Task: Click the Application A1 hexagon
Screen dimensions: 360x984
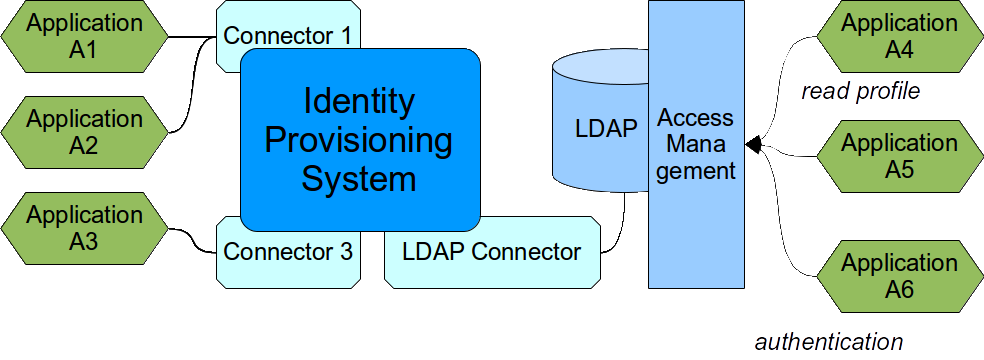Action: coord(84,36)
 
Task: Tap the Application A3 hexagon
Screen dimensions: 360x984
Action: coord(84,228)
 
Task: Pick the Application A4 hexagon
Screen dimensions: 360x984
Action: coord(899,36)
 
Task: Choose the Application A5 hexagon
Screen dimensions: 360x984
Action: coord(899,156)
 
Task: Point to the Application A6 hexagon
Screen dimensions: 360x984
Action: coord(899,276)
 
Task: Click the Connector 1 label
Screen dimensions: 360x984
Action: coord(287,35)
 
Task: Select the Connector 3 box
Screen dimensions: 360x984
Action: coord(288,253)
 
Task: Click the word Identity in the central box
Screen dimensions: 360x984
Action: coord(358,101)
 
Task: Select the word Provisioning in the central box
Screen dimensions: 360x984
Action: coord(358,140)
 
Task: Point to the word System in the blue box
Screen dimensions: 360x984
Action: coord(358,180)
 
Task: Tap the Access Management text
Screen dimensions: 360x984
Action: coord(696,144)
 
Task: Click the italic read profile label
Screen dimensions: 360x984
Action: coord(860,92)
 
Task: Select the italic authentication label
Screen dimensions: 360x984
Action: coord(828,341)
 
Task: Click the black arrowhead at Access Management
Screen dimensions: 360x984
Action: coord(754,145)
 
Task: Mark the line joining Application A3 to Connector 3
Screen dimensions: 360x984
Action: coord(191,237)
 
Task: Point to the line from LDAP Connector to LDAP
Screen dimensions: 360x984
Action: coord(622,226)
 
